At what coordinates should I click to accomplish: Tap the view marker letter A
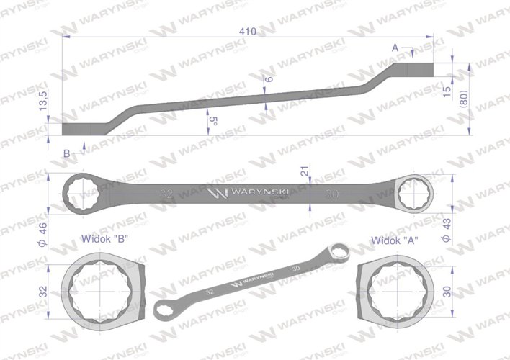pos(395,48)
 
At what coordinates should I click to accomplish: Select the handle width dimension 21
pos(305,171)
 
